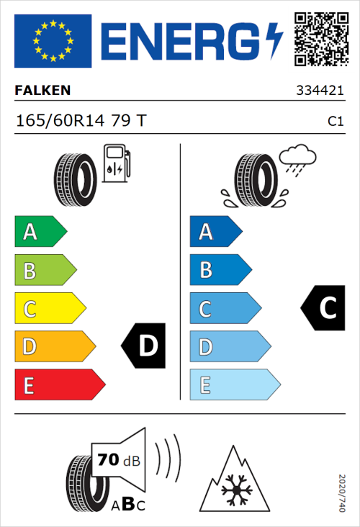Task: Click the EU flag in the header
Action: point(53,41)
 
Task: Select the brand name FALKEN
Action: point(42,90)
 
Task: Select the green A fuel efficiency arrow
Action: point(40,232)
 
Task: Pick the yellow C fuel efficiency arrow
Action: point(49,309)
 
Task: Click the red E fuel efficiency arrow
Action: point(59,385)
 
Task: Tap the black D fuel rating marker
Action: point(143,346)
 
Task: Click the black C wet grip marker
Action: point(323,308)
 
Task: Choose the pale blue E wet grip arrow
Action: point(234,385)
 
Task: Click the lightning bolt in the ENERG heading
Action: point(274,41)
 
